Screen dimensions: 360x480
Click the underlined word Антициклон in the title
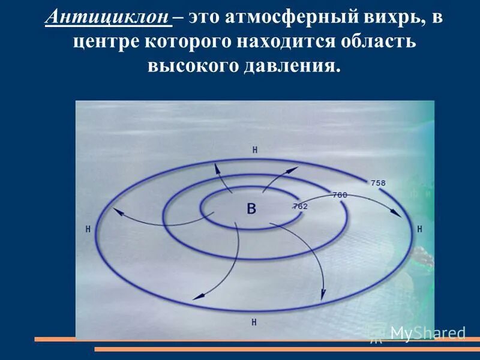(107, 18)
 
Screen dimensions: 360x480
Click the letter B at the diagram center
(251, 209)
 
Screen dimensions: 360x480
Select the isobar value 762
(300, 206)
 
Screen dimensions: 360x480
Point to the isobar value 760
(340, 194)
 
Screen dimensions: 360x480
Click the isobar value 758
(378, 182)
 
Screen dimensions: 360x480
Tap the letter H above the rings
(255, 150)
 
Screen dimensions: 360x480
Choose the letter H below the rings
(254, 322)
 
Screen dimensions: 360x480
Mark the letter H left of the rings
(88, 229)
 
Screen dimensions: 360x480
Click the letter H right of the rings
(419, 229)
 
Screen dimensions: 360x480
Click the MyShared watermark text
(427, 333)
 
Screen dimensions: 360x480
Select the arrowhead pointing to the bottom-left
(196, 296)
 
